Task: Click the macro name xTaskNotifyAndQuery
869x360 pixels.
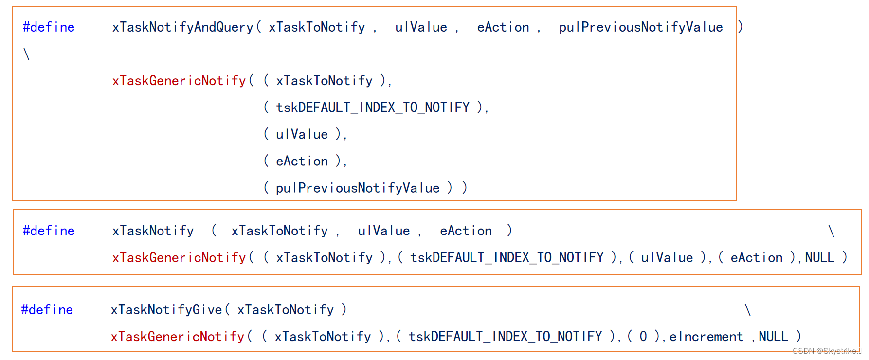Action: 182,27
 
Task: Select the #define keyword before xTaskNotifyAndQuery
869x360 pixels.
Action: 49,27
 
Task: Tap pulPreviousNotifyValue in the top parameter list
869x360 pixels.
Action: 641,27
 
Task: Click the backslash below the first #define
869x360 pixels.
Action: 27,54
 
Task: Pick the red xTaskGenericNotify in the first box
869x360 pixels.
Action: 179,81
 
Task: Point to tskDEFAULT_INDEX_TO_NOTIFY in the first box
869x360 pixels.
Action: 373,108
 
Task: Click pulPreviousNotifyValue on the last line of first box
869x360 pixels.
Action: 358,188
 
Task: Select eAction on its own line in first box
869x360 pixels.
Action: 302,162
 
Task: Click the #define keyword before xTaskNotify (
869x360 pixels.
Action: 49,231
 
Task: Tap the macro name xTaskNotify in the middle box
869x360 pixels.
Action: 153,231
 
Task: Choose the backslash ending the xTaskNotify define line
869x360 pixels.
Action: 831,231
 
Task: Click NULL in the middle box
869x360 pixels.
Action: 819,257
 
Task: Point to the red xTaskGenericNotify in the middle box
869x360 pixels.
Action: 179,257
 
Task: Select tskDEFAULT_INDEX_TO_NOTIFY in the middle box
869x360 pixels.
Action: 507,257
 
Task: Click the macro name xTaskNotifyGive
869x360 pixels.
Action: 166,310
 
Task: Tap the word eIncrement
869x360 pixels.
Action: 706,337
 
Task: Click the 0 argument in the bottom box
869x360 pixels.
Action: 643,337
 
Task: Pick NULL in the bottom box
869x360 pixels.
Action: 773,337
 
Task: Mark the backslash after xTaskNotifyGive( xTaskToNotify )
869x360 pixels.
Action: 748,310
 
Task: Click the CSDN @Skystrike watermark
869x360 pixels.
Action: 826,351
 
